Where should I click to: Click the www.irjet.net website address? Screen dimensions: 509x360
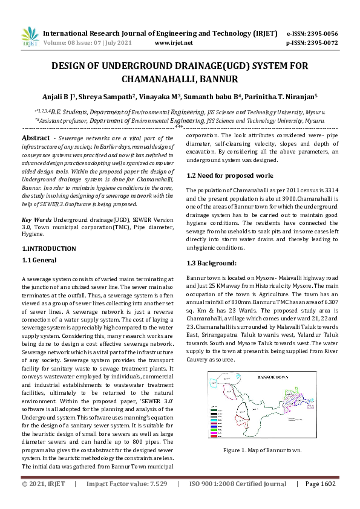174,43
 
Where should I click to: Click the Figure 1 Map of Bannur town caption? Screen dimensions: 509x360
263,450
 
